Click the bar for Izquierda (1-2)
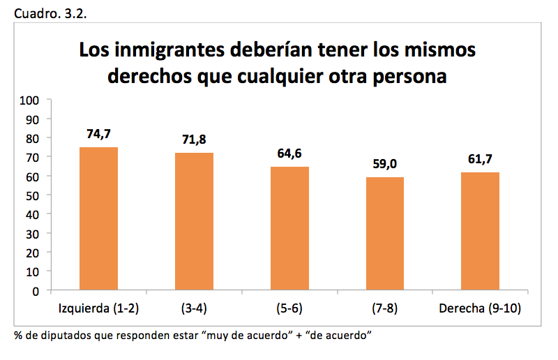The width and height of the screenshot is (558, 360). pyautogui.click(x=98, y=218)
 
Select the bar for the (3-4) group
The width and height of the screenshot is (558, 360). pyautogui.click(x=194, y=221)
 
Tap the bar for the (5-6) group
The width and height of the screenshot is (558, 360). pyautogui.click(x=289, y=228)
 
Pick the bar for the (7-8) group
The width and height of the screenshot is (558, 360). pyautogui.click(x=384, y=234)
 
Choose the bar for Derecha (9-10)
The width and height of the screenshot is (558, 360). pyautogui.click(x=480, y=231)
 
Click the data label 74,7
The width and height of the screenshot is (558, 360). pyautogui.click(x=98, y=134)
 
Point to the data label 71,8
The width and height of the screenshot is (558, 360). pyautogui.click(x=194, y=140)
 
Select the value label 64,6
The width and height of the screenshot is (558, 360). pyautogui.click(x=289, y=153)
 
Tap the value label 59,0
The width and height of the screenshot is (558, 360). pyautogui.click(x=384, y=164)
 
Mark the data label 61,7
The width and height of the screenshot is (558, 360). pyautogui.click(x=480, y=159)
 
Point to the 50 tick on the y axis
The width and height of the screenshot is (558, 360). pyautogui.click(x=32, y=195)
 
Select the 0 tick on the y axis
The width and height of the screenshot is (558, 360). pyautogui.click(x=35, y=291)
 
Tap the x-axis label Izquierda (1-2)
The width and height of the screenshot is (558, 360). pyautogui.click(x=98, y=308)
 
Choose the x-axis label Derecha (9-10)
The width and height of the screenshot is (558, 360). pyautogui.click(x=480, y=308)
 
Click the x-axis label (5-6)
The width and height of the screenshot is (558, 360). pyautogui.click(x=289, y=308)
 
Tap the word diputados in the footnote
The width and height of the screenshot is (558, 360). pyautogui.click(x=61, y=336)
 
